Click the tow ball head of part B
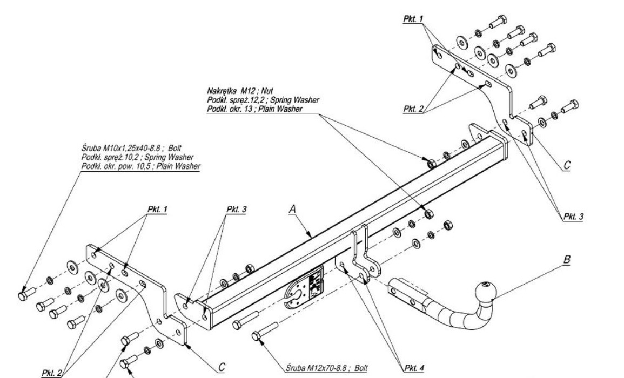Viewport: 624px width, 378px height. coord(485,292)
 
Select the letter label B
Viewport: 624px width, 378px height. coord(567,260)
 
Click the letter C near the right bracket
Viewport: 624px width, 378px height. coord(565,166)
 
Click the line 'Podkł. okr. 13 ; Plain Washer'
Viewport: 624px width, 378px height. coord(254,109)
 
